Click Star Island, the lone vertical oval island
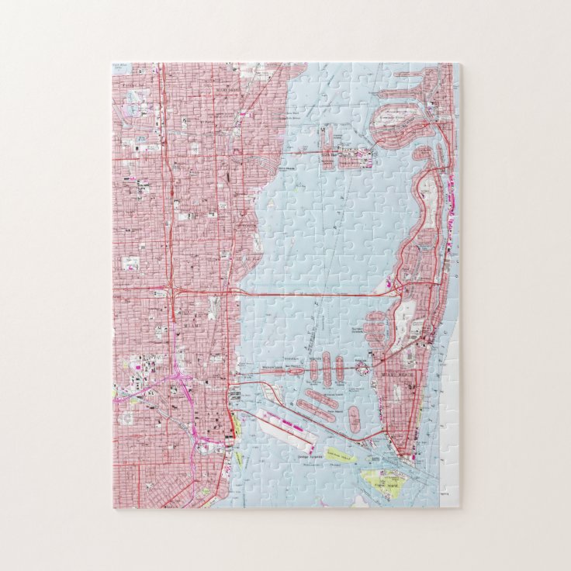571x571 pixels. click(355, 419)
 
